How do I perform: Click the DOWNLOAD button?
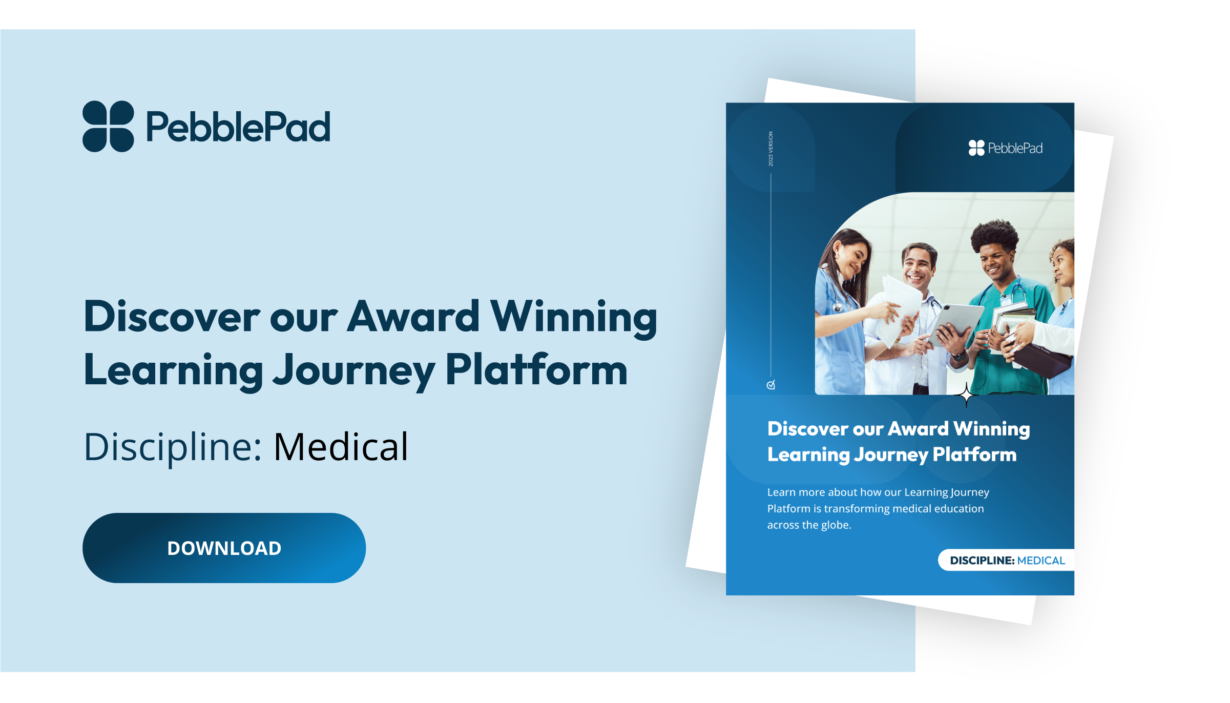(224, 548)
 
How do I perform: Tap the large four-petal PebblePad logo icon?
(108, 127)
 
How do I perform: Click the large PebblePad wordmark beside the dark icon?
(238, 127)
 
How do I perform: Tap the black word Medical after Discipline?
(341, 446)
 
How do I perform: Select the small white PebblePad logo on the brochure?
(1005, 148)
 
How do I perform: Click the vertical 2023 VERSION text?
(770, 149)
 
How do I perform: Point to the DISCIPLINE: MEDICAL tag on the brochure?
(1007, 560)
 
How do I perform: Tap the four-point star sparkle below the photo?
(966, 395)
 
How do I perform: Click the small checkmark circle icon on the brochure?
(770, 385)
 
